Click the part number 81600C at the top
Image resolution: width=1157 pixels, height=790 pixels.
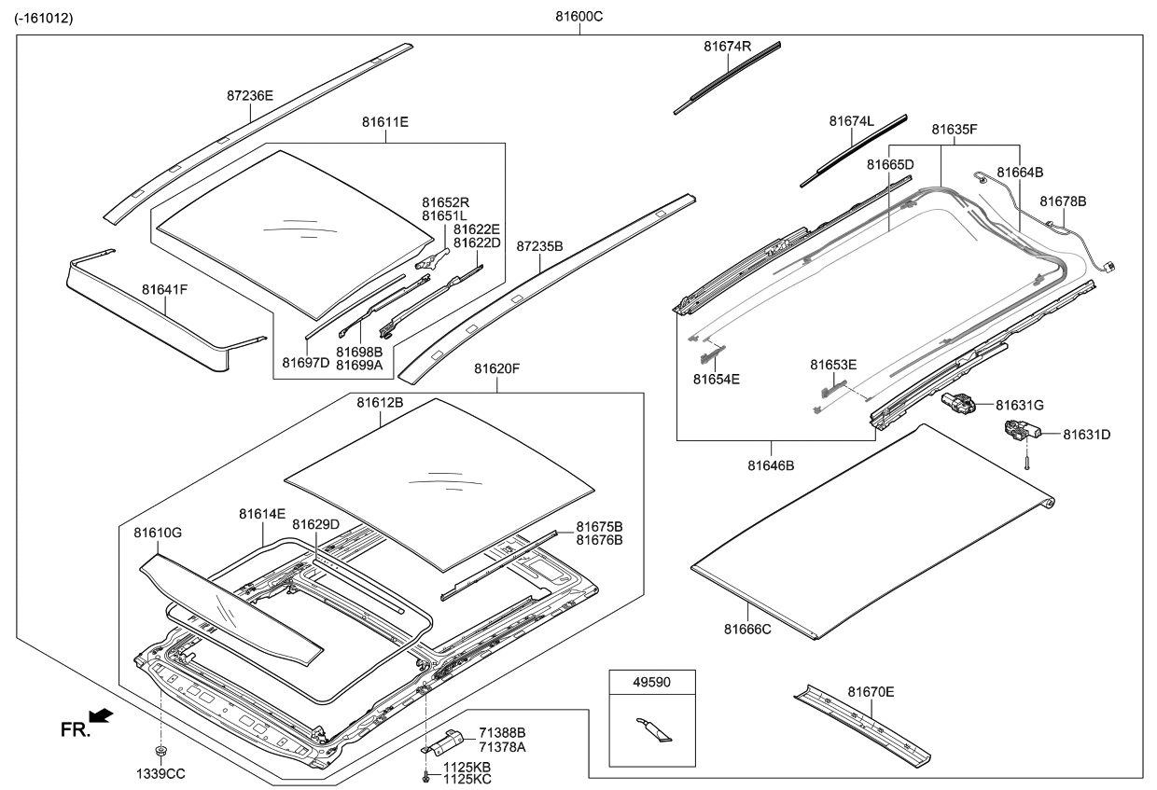pyautogui.click(x=578, y=18)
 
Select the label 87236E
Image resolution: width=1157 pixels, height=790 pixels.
pyautogui.click(x=250, y=95)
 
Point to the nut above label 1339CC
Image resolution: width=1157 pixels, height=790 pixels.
pyautogui.click(x=160, y=751)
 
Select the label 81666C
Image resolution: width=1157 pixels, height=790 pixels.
pyautogui.click(x=747, y=630)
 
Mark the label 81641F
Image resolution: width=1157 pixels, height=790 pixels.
pyautogui.click(x=165, y=290)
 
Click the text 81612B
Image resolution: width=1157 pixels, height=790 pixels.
pyautogui.click(x=380, y=402)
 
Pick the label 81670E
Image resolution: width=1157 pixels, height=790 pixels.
pyautogui.click(x=871, y=691)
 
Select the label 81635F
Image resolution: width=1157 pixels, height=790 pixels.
pyautogui.click(x=954, y=130)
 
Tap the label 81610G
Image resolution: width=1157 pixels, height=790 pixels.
pyautogui.click(x=157, y=533)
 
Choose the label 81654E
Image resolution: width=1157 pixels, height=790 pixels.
pyautogui.click(x=717, y=379)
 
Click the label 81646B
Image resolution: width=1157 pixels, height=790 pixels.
pyautogui.click(x=771, y=464)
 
